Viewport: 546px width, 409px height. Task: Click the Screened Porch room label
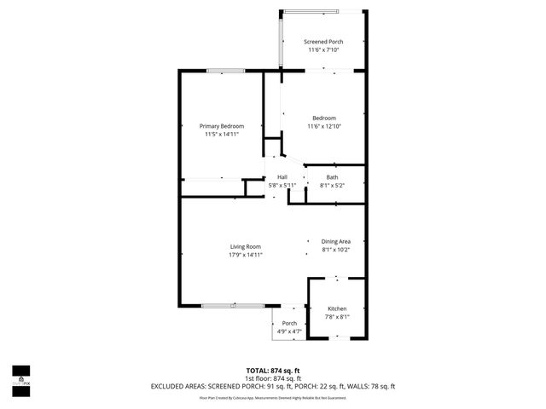323,42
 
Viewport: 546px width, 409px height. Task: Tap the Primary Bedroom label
222,126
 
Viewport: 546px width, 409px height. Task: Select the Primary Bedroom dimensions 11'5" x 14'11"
222,134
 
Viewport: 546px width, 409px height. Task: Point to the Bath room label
332,177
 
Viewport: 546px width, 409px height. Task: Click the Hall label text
282,177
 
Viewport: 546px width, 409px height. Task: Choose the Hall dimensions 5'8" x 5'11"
282,185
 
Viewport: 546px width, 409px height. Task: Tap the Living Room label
245,247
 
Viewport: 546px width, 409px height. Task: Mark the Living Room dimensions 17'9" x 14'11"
245,255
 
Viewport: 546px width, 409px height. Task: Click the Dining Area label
336,241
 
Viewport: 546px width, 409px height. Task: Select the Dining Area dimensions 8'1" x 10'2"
336,249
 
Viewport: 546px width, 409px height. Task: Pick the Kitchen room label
338,308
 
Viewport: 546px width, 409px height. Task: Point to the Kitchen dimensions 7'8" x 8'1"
338,316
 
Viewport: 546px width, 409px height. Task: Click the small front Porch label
289,323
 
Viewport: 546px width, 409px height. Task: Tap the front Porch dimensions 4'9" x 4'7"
289,331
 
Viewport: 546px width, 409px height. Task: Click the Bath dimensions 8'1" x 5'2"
332,185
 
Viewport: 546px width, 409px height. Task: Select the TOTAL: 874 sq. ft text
273,370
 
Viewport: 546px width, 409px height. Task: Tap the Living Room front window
232,304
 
